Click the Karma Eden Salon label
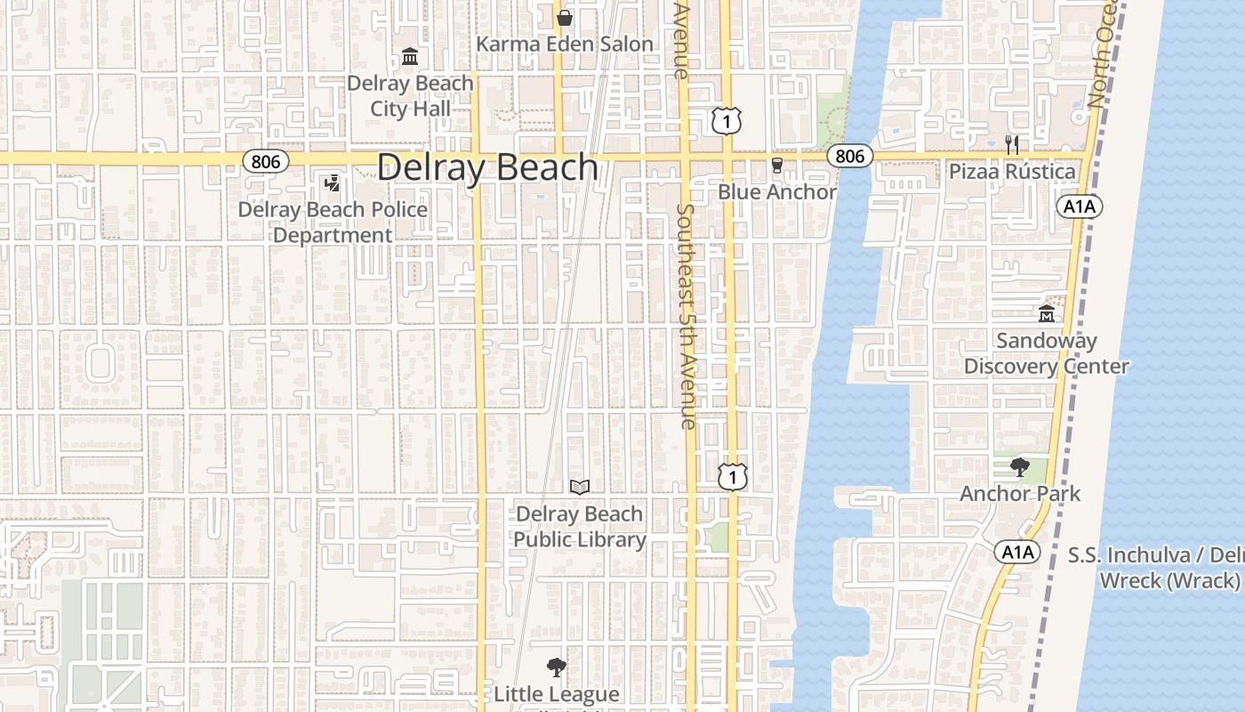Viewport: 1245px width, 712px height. click(565, 44)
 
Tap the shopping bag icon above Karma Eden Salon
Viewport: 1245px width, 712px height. click(564, 17)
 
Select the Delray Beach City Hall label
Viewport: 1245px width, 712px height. click(410, 96)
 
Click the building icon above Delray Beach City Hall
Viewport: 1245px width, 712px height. click(410, 58)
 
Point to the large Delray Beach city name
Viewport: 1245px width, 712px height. click(487, 167)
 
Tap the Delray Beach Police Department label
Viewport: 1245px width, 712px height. click(333, 222)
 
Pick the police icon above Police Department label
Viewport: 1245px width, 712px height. click(332, 183)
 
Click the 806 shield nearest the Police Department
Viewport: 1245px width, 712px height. click(265, 161)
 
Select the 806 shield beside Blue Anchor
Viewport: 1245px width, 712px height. click(849, 157)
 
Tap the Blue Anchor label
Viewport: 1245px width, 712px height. click(777, 192)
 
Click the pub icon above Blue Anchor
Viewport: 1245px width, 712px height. click(776, 166)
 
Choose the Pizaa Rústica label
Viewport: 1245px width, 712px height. click(1012, 172)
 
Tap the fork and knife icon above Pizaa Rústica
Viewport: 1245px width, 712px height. click(1011, 144)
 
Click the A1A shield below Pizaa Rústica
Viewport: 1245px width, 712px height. click(1080, 207)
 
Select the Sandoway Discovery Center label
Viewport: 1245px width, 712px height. click(1047, 353)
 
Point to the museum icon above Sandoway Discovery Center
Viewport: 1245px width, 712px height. click(1046, 314)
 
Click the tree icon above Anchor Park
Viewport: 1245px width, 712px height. click(1019, 467)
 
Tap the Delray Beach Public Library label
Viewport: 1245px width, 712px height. click(579, 527)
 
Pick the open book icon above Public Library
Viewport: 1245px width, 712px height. click(579, 487)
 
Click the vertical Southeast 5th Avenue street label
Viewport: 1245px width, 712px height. click(686, 316)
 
